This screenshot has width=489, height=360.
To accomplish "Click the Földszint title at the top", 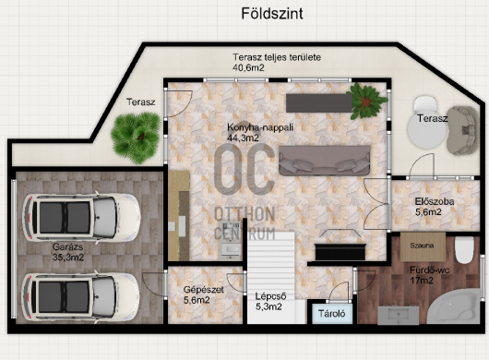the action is tap(272, 14).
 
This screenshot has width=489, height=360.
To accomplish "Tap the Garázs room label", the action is tap(67, 246).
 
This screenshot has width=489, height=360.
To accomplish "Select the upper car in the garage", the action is tap(81, 218).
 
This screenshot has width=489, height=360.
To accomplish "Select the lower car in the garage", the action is tap(80, 296).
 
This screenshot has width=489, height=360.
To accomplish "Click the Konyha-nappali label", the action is tap(260, 127).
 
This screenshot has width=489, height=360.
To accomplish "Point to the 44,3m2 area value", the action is tap(243, 138).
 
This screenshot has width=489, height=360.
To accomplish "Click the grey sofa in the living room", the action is tap(325, 161).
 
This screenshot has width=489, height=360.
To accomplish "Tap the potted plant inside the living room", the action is tap(367, 101).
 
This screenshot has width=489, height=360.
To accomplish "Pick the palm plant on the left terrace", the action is tap(136, 138).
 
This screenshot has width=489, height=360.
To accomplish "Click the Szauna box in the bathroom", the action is tap(423, 246).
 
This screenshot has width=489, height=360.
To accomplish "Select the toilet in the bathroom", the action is tap(464, 250).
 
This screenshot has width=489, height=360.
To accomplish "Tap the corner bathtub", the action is tap(453, 306).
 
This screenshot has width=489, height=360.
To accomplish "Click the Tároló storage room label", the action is tap(332, 313).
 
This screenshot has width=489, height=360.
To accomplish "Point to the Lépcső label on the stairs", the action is tap(270, 296).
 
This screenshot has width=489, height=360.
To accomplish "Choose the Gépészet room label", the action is tap(203, 290).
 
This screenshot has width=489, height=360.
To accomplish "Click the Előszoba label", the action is tap(435, 201).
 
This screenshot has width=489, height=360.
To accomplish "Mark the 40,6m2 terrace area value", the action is tap(248, 67).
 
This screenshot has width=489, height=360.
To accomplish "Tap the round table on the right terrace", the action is tap(427, 131).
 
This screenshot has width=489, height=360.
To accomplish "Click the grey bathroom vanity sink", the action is tap(399, 315).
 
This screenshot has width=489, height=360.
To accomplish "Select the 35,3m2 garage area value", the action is tap(68, 258).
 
